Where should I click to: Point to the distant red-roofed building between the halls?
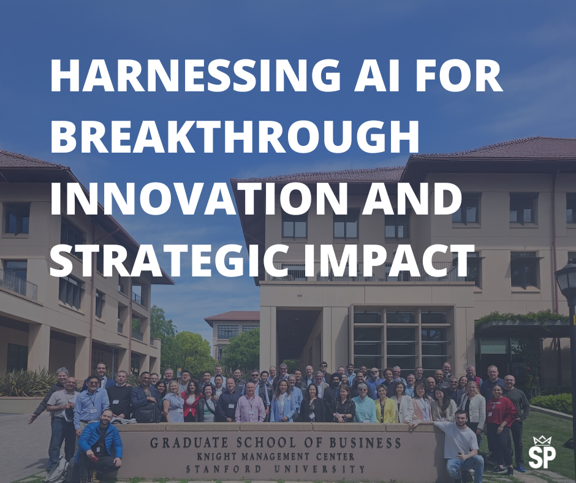[x=233, y=328]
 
